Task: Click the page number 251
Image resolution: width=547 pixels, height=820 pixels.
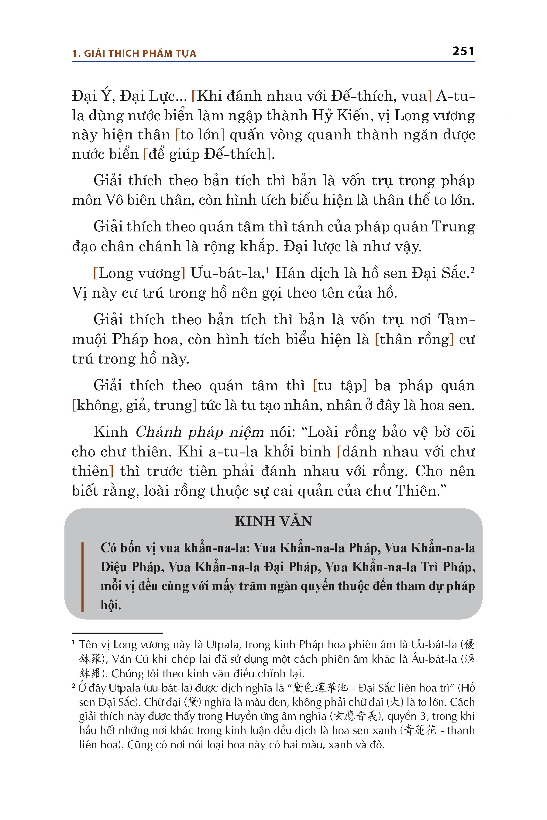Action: (463, 51)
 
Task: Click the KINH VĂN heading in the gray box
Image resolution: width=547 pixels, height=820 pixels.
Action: (273, 521)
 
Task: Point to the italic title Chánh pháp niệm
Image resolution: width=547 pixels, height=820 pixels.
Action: (200, 432)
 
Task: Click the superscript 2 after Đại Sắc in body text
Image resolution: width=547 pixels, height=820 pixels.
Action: (472, 269)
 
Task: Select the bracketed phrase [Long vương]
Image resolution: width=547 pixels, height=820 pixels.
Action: (139, 273)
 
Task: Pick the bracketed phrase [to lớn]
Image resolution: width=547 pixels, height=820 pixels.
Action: (200, 135)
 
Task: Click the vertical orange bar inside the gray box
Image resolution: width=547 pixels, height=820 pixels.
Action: (82, 577)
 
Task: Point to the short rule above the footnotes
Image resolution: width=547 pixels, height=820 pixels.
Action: (117, 633)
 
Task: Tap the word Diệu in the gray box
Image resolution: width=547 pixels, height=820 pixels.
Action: (113, 567)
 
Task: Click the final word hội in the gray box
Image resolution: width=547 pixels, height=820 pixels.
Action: (111, 605)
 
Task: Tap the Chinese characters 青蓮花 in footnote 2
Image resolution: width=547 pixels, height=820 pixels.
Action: (420, 731)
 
